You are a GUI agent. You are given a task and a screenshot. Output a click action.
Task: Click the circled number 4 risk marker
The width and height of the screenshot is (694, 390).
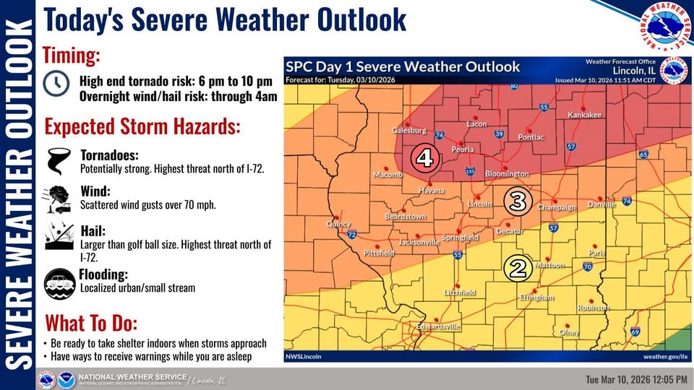425,157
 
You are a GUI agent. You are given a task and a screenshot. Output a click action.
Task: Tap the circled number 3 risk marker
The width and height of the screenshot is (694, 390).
518,200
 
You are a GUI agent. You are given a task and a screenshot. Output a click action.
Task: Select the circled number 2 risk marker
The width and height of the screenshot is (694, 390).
518,268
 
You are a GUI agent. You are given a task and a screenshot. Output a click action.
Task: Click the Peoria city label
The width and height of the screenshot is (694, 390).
462,149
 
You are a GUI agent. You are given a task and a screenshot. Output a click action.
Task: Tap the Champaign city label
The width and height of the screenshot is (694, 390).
556,208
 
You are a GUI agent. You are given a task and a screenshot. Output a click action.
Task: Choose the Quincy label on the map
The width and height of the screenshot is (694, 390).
339,224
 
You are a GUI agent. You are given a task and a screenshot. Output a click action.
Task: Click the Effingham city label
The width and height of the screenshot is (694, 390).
536,298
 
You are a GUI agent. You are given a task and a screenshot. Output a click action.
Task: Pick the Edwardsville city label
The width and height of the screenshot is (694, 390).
439,327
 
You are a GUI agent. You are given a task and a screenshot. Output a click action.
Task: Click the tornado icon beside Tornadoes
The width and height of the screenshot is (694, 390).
56,162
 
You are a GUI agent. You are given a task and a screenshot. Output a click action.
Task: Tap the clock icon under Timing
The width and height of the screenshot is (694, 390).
56,84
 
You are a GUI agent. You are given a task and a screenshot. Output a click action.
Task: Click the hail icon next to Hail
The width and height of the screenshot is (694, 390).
57,236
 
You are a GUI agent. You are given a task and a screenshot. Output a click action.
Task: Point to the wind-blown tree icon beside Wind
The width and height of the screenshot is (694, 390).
57,199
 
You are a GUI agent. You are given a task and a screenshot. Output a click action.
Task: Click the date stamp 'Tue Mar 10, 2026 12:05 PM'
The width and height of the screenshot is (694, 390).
636,379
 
